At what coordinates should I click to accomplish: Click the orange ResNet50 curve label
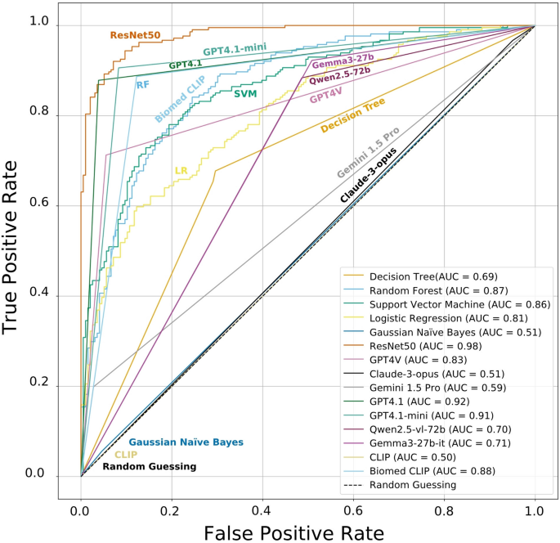(x=135, y=36)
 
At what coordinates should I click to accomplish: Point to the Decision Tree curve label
(x=352, y=116)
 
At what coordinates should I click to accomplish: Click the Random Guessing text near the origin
(x=149, y=467)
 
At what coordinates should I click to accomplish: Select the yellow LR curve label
(x=181, y=171)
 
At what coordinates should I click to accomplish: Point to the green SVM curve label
(x=244, y=94)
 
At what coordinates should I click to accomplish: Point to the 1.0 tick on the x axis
(x=535, y=510)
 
